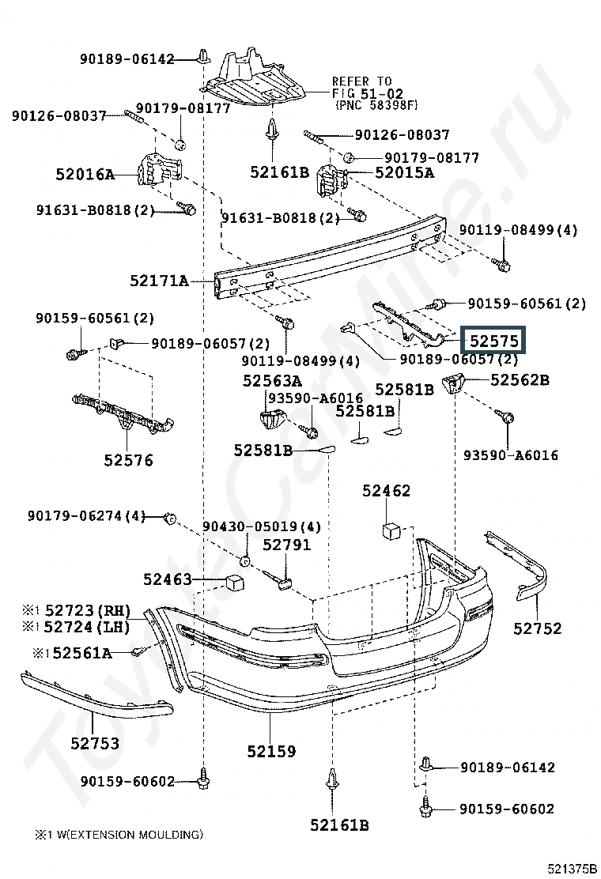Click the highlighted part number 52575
(494, 340)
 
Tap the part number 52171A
(159, 281)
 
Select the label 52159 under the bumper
(271, 751)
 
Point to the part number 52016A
(85, 175)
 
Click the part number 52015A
(404, 172)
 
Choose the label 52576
(128, 460)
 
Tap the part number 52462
(386, 491)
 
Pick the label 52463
(168, 579)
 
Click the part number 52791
(286, 545)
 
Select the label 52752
(537, 628)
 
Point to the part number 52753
(95, 743)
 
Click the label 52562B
(520, 380)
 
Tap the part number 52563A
(272, 381)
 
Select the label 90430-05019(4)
(262, 527)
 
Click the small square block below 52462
(391, 530)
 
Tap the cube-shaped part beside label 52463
(236, 582)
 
